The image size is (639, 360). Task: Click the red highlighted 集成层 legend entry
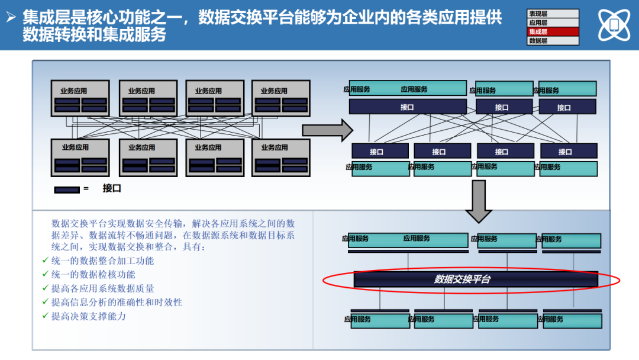pos(553,32)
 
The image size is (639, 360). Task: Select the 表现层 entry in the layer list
pos(553,14)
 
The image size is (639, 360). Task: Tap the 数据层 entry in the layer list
pos(553,41)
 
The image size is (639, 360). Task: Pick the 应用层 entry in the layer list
pos(553,22)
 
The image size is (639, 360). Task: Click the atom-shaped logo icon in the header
pos(614,25)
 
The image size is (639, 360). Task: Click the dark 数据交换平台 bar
pos(476,279)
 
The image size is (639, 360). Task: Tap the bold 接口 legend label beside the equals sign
pos(112,188)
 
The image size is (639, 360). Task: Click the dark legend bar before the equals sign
pos(67,189)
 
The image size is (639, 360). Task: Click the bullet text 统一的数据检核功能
pos(93,275)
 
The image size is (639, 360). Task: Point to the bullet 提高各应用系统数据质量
pos(103,288)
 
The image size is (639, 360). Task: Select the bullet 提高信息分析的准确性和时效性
pos(117,302)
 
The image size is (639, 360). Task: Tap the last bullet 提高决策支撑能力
pos(89,316)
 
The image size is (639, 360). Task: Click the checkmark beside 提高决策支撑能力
pos(46,316)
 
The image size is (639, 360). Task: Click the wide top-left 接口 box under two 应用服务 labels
pos(407,107)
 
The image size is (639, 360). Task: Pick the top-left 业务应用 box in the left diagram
pos(80,98)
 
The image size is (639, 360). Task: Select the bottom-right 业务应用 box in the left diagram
pos(280,157)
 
